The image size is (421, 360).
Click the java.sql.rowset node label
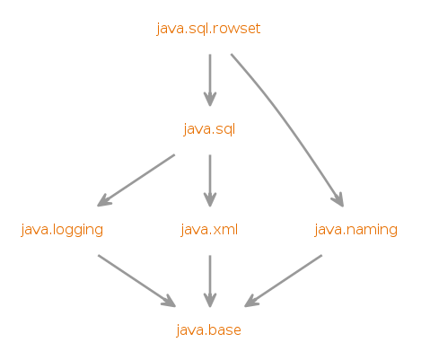point(208,29)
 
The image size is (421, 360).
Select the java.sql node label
point(209,129)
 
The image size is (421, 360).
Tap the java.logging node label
point(62,230)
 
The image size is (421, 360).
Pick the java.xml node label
point(209,230)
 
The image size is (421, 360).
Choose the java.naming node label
point(355,230)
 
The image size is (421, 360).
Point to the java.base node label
point(208,330)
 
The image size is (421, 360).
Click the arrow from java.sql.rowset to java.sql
point(210,80)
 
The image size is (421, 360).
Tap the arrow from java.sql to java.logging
point(136,180)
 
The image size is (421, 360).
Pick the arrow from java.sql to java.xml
point(210,180)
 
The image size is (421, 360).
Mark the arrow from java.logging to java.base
point(137,281)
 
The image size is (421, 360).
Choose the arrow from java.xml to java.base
point(210,281)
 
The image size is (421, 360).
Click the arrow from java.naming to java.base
point(283,281)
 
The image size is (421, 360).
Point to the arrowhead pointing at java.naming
point(338,200)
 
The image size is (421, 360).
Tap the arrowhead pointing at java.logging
point(104,201)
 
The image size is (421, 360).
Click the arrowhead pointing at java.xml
point(210,199)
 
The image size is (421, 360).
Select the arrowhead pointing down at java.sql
point(210,99)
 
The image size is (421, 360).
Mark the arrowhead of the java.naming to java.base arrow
point(251,302)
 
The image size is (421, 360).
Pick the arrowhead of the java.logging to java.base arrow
point(169,302)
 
